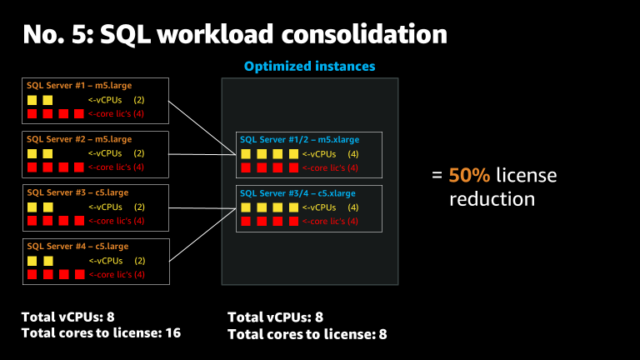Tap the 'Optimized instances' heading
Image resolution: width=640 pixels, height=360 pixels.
(309, 66)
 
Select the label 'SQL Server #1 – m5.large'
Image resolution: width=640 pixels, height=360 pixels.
(79, 85)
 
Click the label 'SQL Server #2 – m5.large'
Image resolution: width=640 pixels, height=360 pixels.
(79, 138)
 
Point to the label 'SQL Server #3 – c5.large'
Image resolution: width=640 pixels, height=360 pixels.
(77, 192)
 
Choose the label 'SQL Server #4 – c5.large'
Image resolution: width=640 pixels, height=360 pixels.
(77, 246)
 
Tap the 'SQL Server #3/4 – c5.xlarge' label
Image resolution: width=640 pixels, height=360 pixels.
(297, 193)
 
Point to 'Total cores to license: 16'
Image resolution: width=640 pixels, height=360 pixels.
(101, 332)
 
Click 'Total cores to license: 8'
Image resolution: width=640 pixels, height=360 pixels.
(307, 334)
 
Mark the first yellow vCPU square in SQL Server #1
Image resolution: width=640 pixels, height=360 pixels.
(32, 100)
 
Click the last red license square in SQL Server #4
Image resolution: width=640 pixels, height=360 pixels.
(79, 274)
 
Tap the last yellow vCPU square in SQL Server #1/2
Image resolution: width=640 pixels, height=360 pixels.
(293, 154)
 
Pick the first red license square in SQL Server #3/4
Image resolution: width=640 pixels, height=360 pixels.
(246, 222)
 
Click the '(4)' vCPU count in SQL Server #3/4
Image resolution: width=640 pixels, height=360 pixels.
(352, 207)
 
